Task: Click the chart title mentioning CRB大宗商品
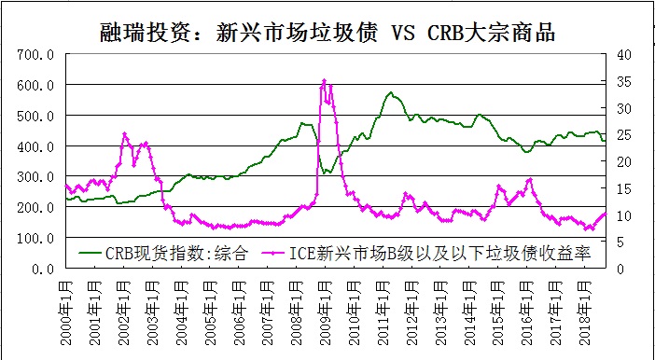pyautogui.click(x=327, y=34)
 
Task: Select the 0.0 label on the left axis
pyautogui.click(x=43, y=269)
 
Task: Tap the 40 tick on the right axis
pyautogui.click(x=623, y=55)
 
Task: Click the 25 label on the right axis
pyautogui.click(x=623, y=135)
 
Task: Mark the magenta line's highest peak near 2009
pyautogui.click(x=324, y=81)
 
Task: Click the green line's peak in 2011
pyautogui.click(x=391, y=93)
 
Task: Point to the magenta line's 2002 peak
pyautogui.click(x=124, y=134)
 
